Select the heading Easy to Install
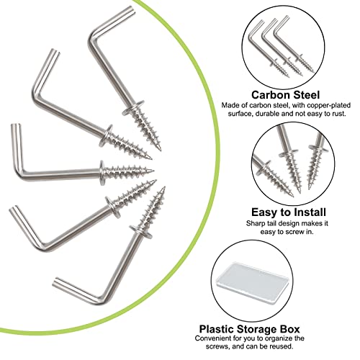coord(289,212)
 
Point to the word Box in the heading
coord(290,329)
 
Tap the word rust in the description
coord(338,114)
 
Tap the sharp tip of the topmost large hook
coord(160,149)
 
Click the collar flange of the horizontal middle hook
coord(102,173)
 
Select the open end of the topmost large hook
coord(130,10)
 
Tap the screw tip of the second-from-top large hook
coord(150,158)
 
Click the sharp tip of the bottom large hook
coord(164,188)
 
